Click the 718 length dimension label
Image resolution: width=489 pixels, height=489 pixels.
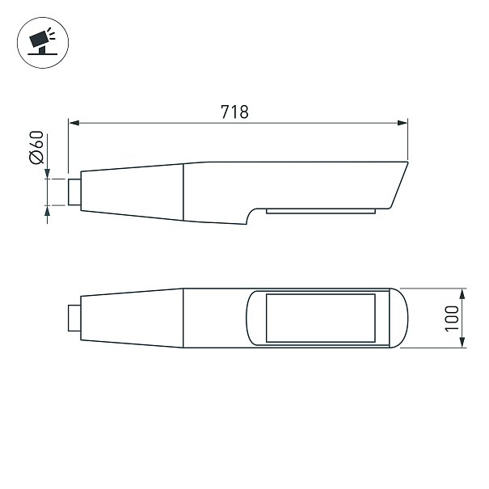(x=235, y=112)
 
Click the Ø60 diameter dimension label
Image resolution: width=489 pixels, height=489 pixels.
(x=36, y=147)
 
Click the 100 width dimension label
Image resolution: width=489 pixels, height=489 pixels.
(x=452, y=318)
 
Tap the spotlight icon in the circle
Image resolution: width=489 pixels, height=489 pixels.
(x=42, y=41)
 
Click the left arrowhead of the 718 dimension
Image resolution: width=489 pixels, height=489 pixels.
(x=74, y=123)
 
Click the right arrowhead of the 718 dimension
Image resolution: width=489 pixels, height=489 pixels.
(x=403, y=123)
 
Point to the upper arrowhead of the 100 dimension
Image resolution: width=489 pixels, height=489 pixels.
(x=462, y=293)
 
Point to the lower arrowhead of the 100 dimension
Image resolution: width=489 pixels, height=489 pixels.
(x=462, y=343)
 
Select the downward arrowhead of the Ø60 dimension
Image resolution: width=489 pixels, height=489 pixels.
(x=47, y=174)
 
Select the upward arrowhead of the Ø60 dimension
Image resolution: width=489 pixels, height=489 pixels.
(x=47, y=210)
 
